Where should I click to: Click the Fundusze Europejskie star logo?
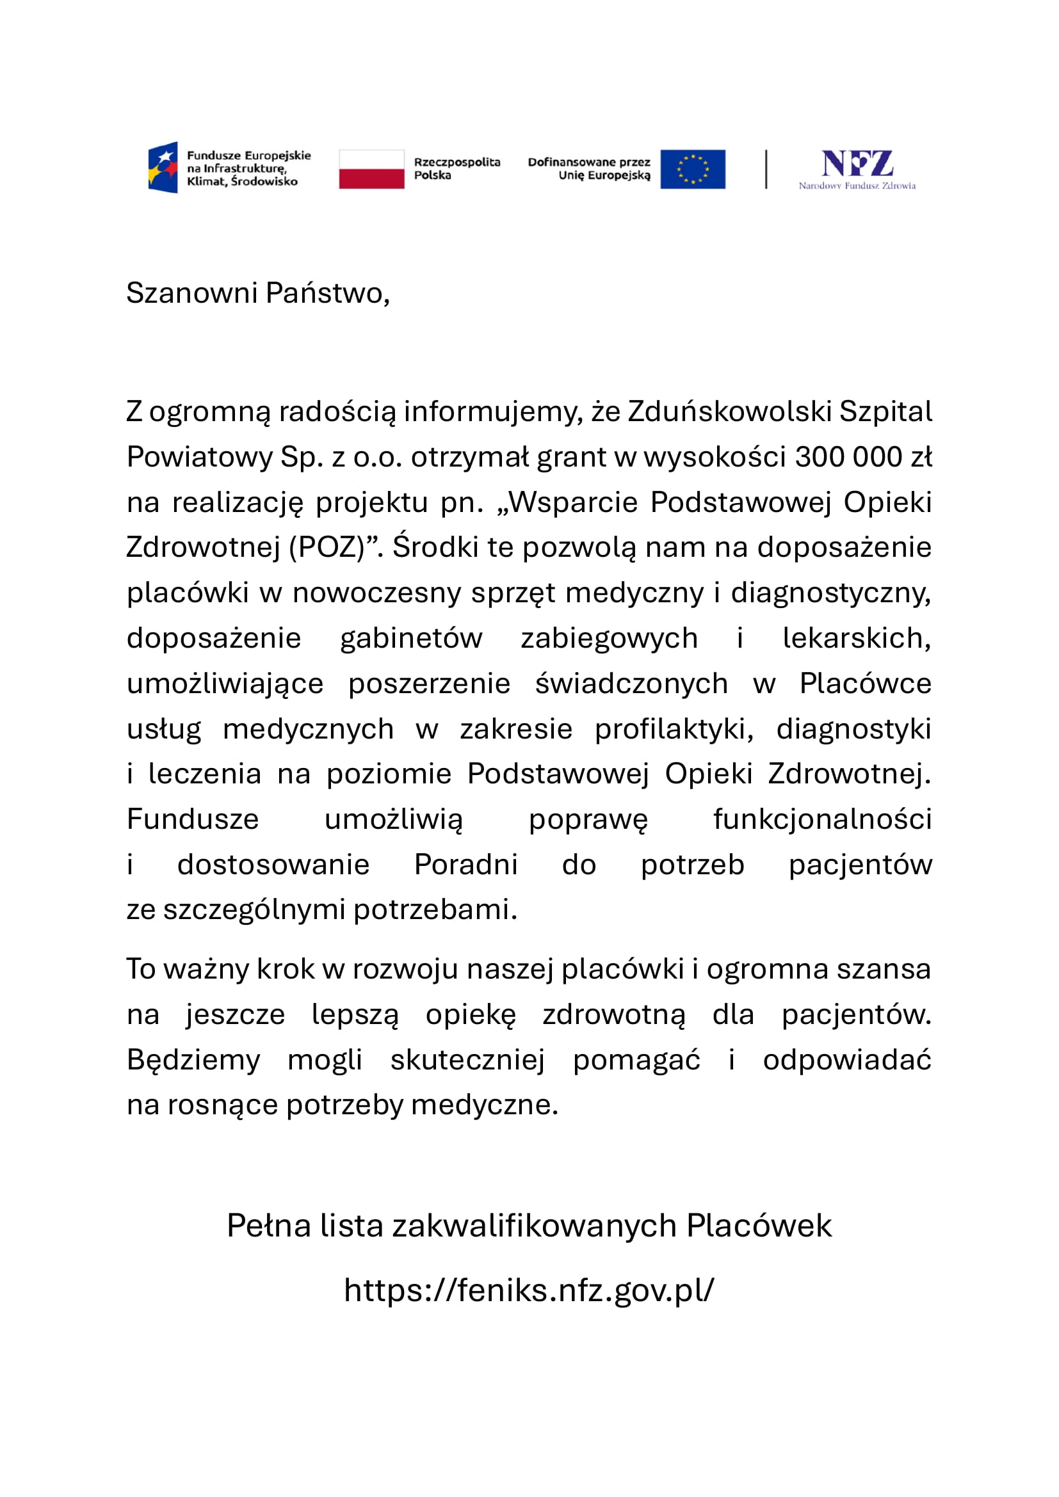tap(163, 168)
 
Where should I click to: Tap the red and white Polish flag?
tap(371, 169)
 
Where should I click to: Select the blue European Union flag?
tap(693, 169)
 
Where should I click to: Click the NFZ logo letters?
tap(856, 163)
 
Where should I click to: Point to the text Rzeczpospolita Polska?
tap(457, 168)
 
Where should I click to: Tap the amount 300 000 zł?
tap(862, 457)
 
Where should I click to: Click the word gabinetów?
tap(411, 637)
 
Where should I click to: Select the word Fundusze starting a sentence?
tap(192, 819)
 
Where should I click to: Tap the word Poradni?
tap(465, 865)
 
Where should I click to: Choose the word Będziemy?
tap(193, 1059)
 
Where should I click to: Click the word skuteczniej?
tap(467, 1059)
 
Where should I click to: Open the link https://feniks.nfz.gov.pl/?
tap(529, 1290)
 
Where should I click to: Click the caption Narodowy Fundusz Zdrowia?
tap(857, 186)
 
